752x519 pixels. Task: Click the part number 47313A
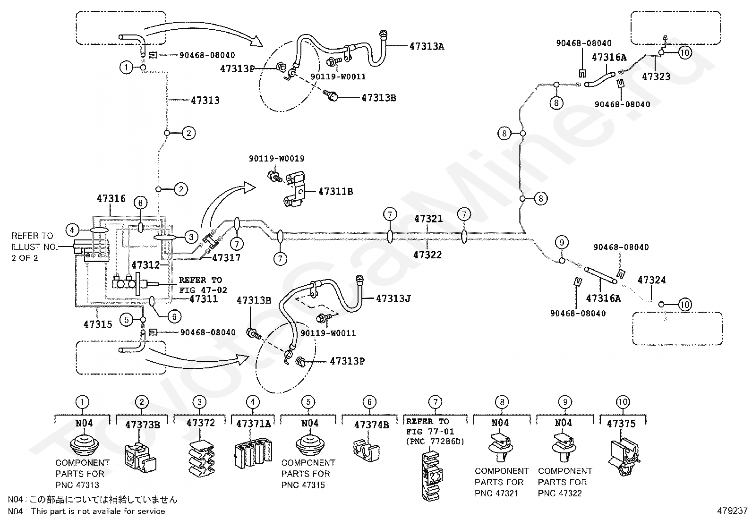[x=427, y=46]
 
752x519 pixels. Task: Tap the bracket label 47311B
[x=335, y=192]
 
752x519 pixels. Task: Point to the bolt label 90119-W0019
[x=276, y=159]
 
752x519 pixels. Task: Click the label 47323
[x=656, y=76]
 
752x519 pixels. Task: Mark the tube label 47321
[x=428, y=219]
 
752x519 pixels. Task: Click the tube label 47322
[x=427, y=255]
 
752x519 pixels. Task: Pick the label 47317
[x=226, y=258]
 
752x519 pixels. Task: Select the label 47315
[x=98, y=324]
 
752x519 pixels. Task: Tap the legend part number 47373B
[x=142, y=425]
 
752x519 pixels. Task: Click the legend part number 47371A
[x=253, y=424]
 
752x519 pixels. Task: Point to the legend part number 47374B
[x=371, y=425]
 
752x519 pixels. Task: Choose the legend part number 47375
[x=621, y=424]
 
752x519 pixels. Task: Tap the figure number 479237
[x=732, y=511]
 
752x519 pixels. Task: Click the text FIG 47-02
[x=203, y=290]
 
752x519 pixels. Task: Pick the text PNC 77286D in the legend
[x=435, y=442]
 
